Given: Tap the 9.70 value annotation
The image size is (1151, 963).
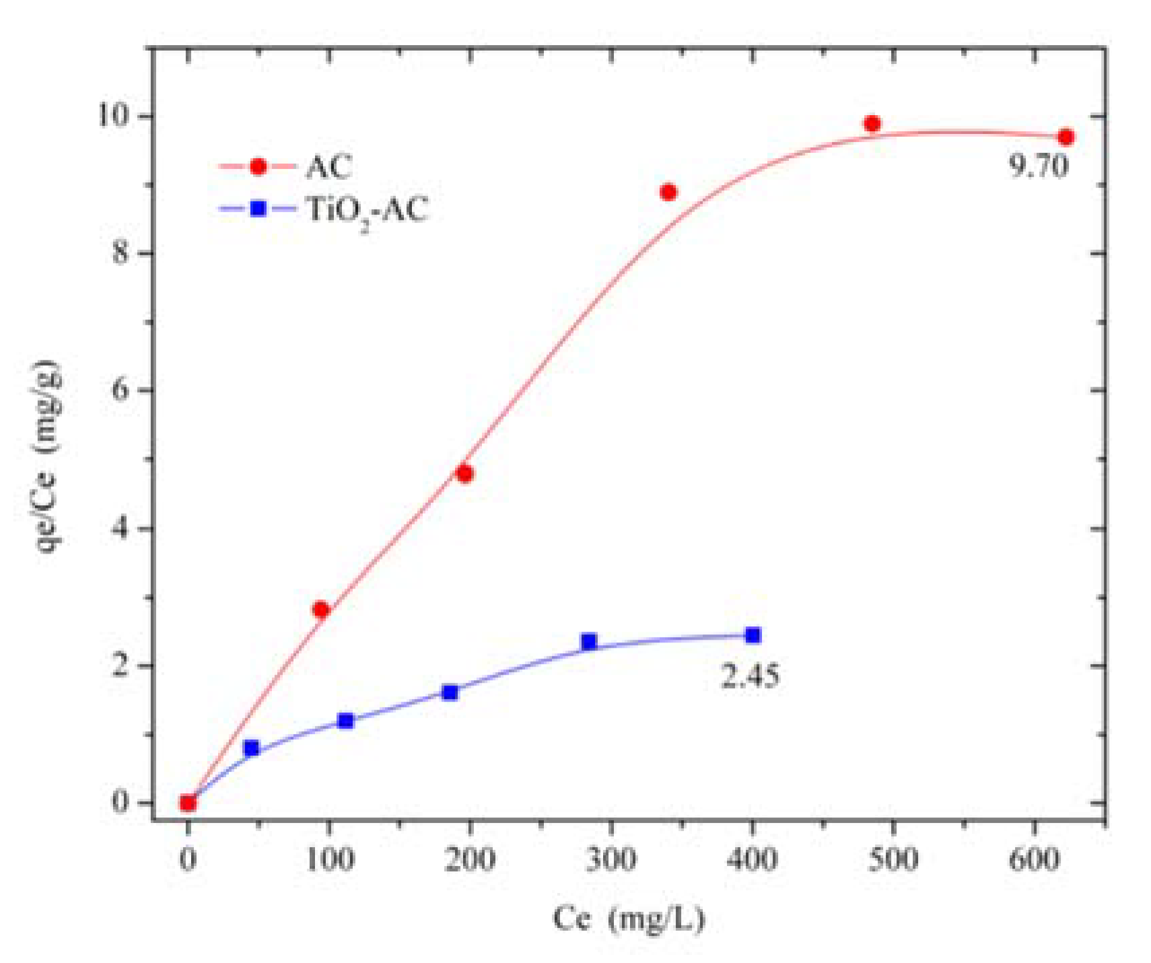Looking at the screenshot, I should [1038, 166].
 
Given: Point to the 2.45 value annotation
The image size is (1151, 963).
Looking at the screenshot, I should [751, 675].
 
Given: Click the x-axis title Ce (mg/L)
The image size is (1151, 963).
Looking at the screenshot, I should [629, 919].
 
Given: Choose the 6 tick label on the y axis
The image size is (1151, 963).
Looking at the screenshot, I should [120, 390].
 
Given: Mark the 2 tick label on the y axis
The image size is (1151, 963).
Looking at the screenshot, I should [120, 665].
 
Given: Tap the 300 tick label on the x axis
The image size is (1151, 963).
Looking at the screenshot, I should [611, 859].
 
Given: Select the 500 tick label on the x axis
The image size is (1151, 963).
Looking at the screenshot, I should [893, 859].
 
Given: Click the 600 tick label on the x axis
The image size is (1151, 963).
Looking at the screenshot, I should [1034, 859].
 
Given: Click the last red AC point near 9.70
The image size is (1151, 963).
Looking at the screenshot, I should [1066, 137].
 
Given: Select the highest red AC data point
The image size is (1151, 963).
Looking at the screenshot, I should [872, 124].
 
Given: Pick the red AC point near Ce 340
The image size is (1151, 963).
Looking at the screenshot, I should [668, 193].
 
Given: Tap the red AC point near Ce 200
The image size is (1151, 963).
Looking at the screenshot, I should [464, 474].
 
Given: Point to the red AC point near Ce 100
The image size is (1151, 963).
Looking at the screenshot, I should [320, 609].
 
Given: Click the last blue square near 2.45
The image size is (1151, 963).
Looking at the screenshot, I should [753, 635].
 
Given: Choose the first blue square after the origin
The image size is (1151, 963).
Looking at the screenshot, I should [252, 748].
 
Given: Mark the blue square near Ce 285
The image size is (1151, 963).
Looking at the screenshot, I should [589, 642].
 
